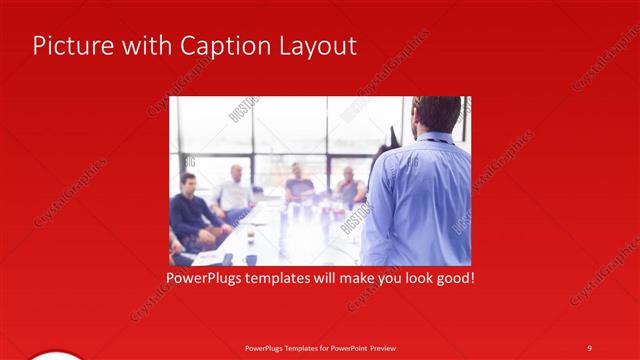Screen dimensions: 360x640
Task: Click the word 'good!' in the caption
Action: click(x=452, y=276)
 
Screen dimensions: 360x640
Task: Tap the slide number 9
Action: click(x=589, y=347)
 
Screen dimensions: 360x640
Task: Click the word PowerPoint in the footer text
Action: click(x=347, y=347)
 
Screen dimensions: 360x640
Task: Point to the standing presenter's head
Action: click(x=437, y=112)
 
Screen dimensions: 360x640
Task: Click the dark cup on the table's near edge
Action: click(x=250, y=258)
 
